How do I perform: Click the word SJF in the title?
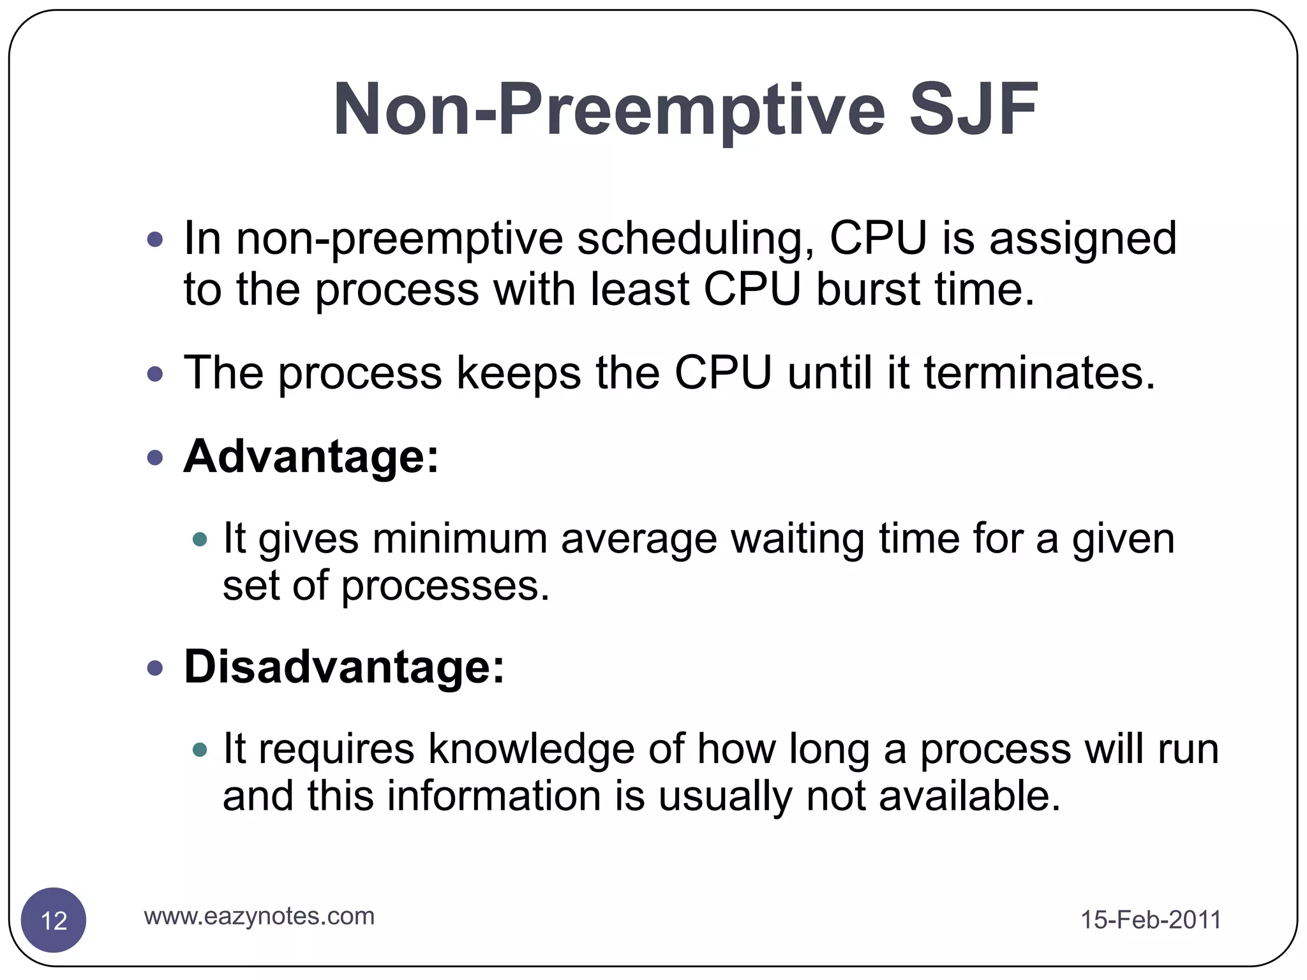[973, 110]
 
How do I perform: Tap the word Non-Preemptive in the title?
[609, 110]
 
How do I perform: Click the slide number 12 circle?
[54, 920]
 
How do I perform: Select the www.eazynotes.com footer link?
[259, 916]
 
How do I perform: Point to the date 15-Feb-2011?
[1151, 919]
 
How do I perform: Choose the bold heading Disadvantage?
[344, 666]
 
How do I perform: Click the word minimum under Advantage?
[459, 538]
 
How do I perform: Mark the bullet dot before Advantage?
[155, 457]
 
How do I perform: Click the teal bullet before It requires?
[200, 750]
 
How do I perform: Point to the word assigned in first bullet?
[1082, 239]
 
